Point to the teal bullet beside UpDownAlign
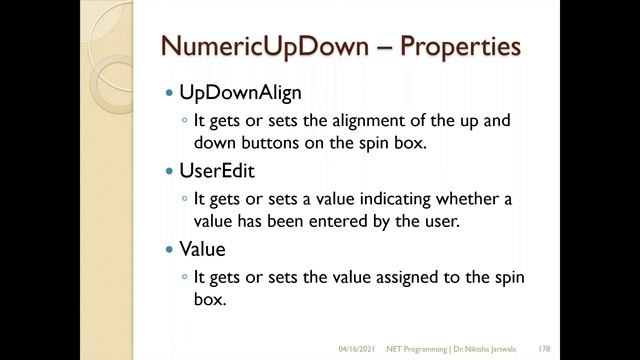pos(169,96)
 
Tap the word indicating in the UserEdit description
pos(383,198)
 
